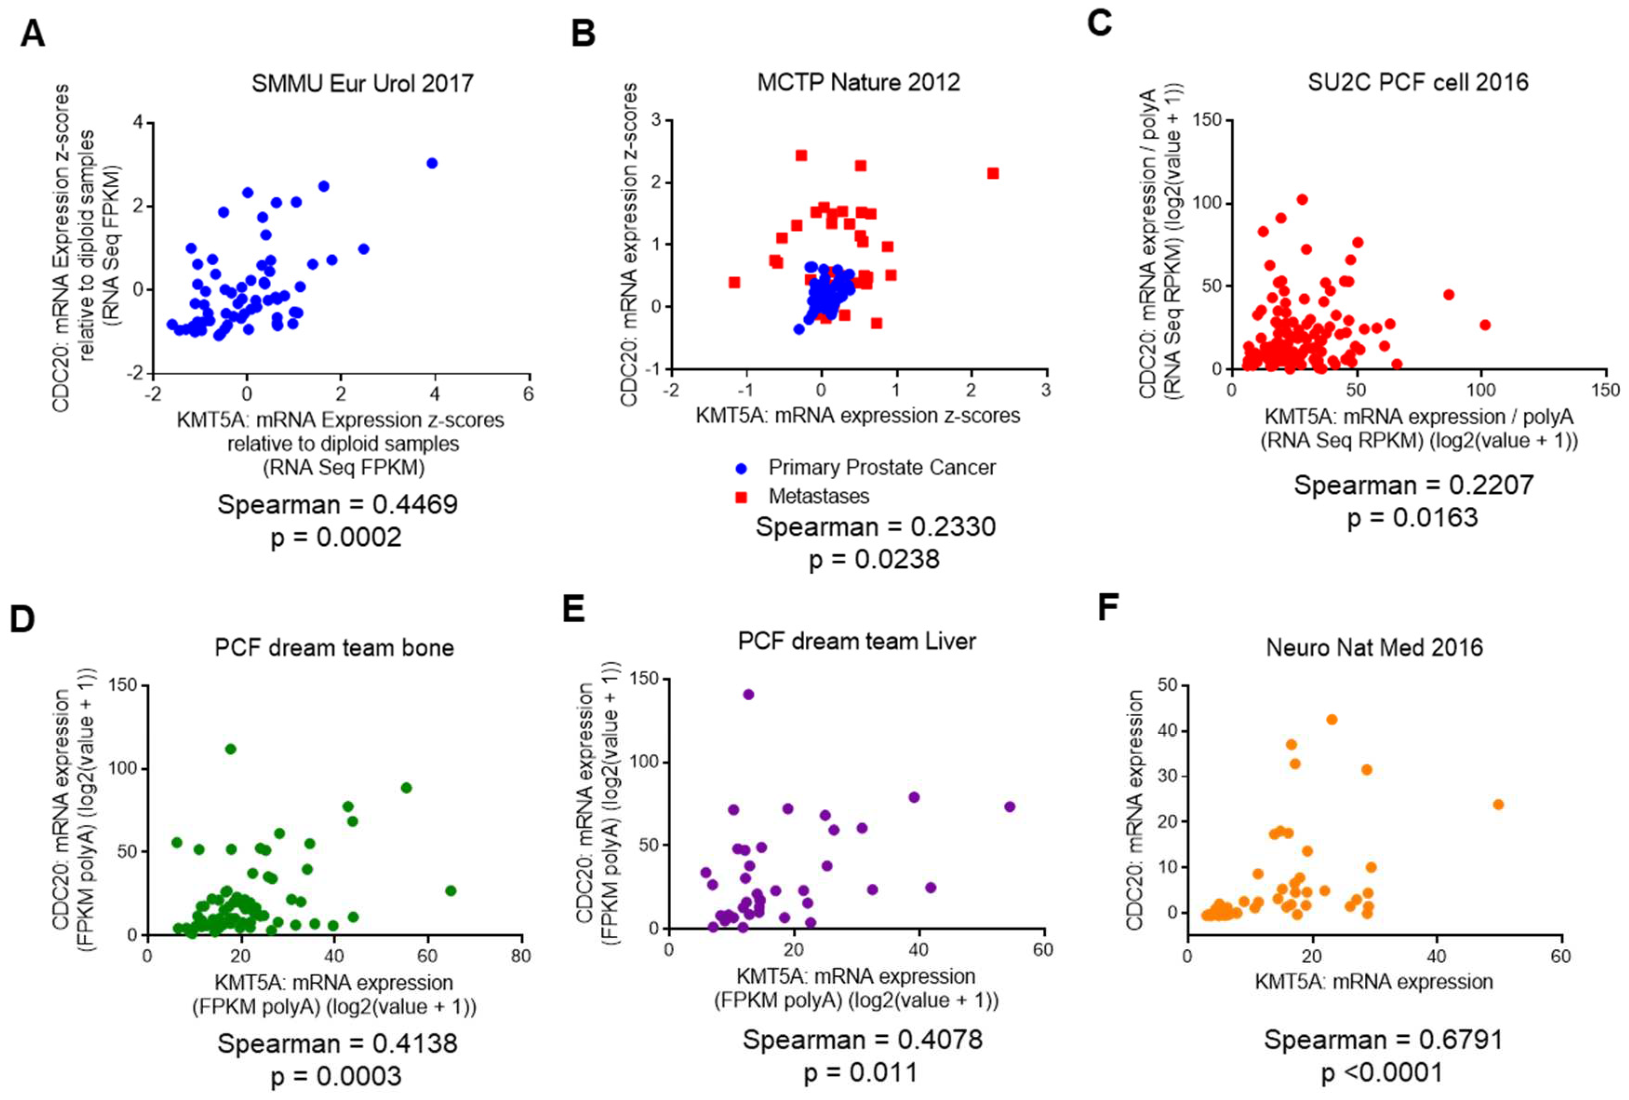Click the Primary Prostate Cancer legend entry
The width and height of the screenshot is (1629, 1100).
pyautogui.click(x=881, y=468)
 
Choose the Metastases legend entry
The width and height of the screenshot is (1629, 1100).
pyautogui.click(x=818, y=496)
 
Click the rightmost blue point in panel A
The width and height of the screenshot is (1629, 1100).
pyautogui.click(x=432, y=163)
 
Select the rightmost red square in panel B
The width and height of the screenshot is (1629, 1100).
pyautogui.click(x=993, y=173)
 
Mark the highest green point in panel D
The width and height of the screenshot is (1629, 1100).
pyautogui.click(x=230, y=749)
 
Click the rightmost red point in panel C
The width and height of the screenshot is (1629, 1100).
pyautogui.click(x=1485, y=325)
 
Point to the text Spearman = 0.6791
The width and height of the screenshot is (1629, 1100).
pyautogui.click(x=1383, y=1040)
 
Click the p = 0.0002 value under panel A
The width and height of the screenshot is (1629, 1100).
pyautogui.click(x=336, y=538)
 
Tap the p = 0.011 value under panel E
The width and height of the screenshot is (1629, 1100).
pyautogui.click(x=860, y=1073)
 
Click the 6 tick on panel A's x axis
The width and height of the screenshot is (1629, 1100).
pyautogui.click(x=528, y=394)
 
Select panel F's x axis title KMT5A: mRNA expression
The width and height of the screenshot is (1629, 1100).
pyautogui.click(x=1373, y=981)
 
